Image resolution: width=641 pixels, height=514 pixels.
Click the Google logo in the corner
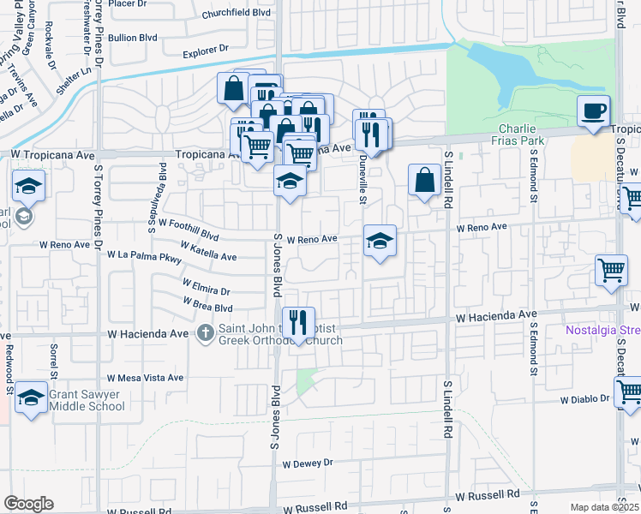pyautogui.click(x=27, y=504)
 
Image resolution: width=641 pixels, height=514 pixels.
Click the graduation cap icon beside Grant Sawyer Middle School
pyautogui.click(x=30, y=397)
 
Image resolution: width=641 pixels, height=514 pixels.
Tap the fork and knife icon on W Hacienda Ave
pyautogui.click(x=297, y=323)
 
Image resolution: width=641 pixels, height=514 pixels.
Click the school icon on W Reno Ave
pyautogui.click(x=379, y=241)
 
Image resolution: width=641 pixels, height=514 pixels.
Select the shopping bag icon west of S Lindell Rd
pyautogui.click(x=424, y=180)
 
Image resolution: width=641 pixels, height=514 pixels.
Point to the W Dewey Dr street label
pyautogui.click(x=307, y=463)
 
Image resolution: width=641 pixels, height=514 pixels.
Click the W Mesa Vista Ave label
pyautogui.click(x=145, y=377)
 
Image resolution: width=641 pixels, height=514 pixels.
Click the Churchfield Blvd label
pyautogui.click(x=236, y=15)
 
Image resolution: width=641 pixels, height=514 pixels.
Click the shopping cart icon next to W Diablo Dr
pyautogui.click(x=628, y=392)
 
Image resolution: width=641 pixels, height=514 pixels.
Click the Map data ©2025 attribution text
pyautogui.click(x=605, y=507)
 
